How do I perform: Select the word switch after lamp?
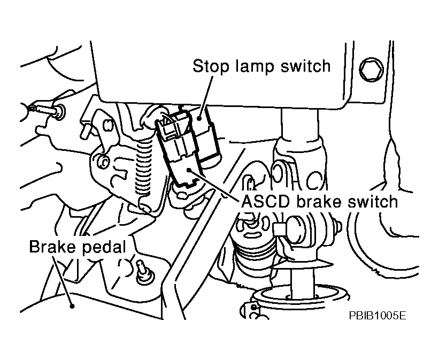coord(304,66)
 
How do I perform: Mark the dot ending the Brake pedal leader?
coord(71,307)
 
